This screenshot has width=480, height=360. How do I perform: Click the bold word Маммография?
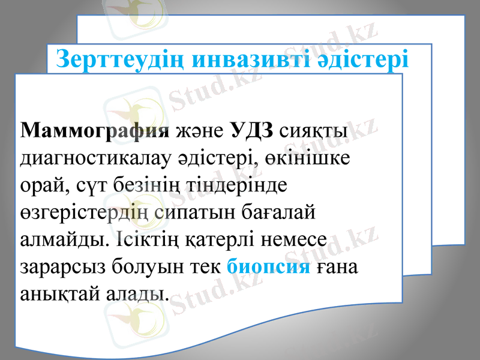pos(94,131)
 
